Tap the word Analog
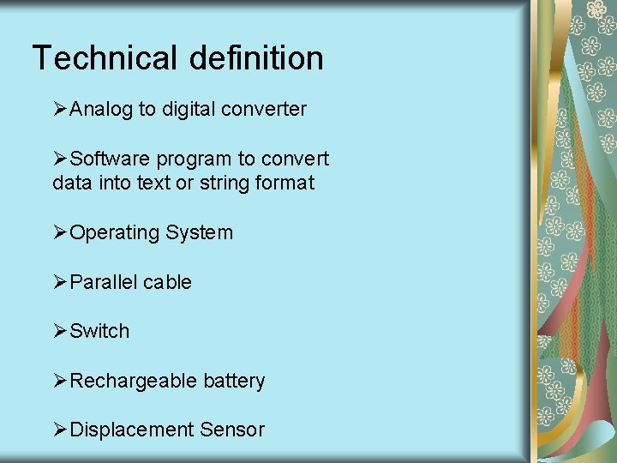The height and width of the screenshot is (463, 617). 101,110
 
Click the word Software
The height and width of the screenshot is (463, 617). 108,159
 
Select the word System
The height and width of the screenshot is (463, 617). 200,233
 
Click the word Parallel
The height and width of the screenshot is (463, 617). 104,282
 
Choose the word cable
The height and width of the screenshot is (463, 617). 168,282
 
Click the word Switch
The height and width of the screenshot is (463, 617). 99,331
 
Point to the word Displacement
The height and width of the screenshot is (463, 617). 132,430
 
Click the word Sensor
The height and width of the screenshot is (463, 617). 232,430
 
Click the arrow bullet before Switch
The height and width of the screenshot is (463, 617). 60,331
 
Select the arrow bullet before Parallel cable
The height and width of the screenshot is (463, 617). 60,282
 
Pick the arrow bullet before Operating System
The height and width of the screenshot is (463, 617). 60,233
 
